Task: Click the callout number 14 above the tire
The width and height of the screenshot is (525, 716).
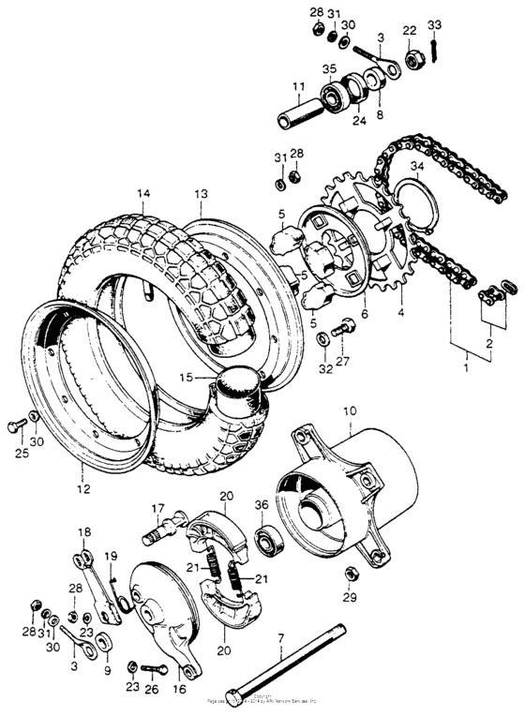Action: (142, 194)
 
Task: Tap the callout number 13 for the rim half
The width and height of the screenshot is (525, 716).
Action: (201, 194)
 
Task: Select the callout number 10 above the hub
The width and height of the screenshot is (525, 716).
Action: (349, 411)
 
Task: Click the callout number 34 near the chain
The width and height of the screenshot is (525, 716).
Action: (416, 166)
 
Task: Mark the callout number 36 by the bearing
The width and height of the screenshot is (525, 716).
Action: (262, 506)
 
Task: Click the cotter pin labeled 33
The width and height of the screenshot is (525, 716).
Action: (434, 43)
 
